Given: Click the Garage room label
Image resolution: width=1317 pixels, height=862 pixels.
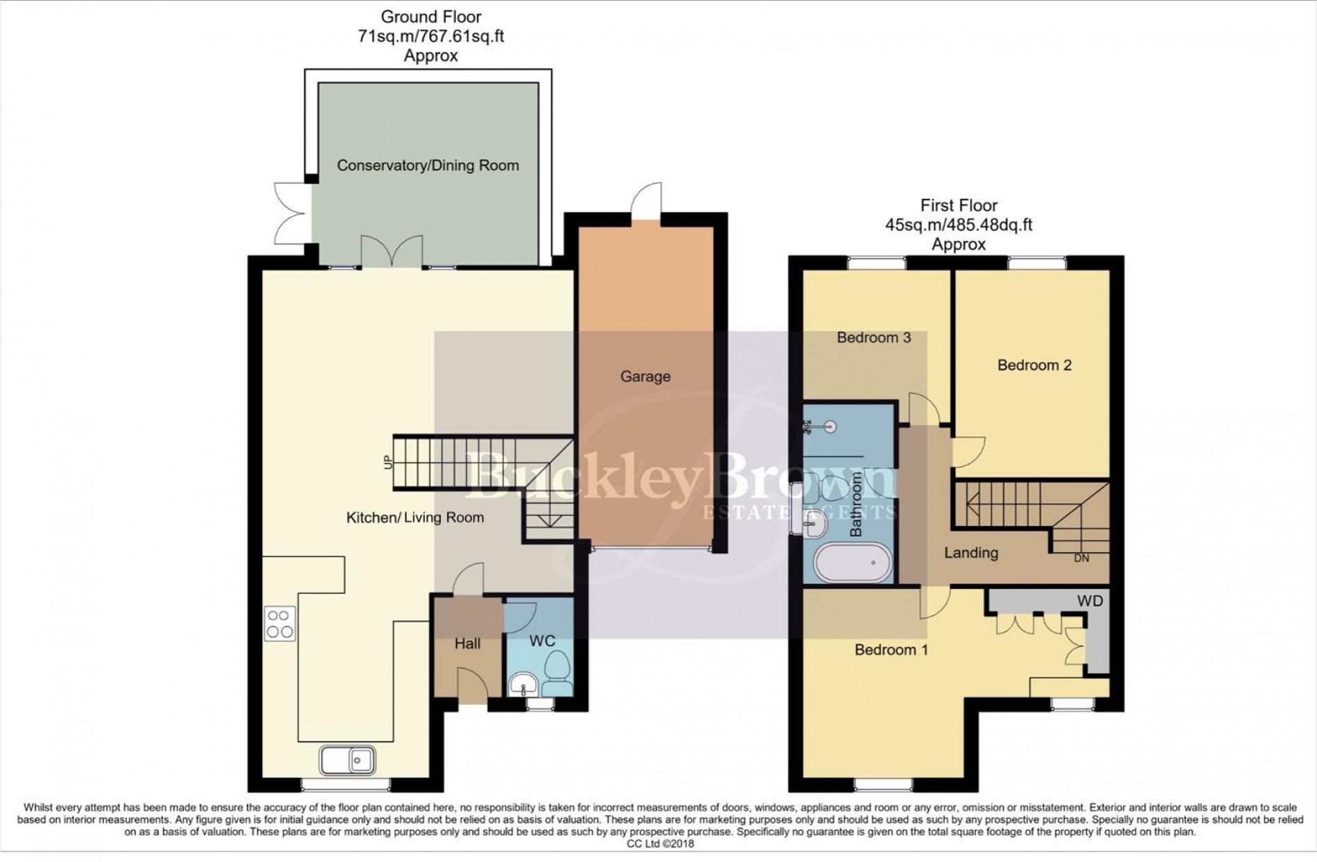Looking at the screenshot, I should pyautogui.click(x=645, y=376).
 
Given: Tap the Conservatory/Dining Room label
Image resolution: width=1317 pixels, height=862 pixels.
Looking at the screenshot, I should pyautogui.click(x=428, y=166).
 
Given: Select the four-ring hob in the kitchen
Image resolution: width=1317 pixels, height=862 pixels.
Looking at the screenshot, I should pyautogui.click(x=280, y=623).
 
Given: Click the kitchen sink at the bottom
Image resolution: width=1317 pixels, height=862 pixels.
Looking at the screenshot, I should pyautogui.click(x=347, y=759).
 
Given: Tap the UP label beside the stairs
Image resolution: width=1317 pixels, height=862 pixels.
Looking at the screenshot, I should pyautogui.click(x=388, y=461).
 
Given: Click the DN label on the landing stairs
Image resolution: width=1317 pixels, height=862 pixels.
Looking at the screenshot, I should pyautogui.click(x=1081, y=558).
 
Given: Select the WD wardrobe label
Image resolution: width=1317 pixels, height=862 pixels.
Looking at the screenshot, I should pyautogui.click(x=1090, y=601).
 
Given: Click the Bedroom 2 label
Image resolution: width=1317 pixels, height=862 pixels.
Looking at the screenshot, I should pyautogui.click(x=1034, y=365).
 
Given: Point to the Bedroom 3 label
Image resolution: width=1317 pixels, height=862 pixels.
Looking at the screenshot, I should pyautogui.click(x=873, y=337).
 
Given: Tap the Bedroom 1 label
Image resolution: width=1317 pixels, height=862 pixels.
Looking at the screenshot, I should pyautogui.click(x=891, y=650).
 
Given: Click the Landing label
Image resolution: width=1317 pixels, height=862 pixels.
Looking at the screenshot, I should pyautogui.click(x=970, y=553).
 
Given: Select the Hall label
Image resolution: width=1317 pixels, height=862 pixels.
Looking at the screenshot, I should pyautogui.click(x=467, y=644).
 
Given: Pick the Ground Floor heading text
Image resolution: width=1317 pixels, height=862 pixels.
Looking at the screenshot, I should pyautogui.click(x=430, y=17).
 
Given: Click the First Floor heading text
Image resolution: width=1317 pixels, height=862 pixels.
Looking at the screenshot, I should pyautogui.click(x=959, y=206).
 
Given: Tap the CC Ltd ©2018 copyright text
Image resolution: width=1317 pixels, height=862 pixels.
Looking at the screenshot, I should pyautogui.click(x=659, y=843).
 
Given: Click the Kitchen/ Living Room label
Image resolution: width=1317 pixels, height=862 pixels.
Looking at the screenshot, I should pyautogui.click(x=415, y=518).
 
